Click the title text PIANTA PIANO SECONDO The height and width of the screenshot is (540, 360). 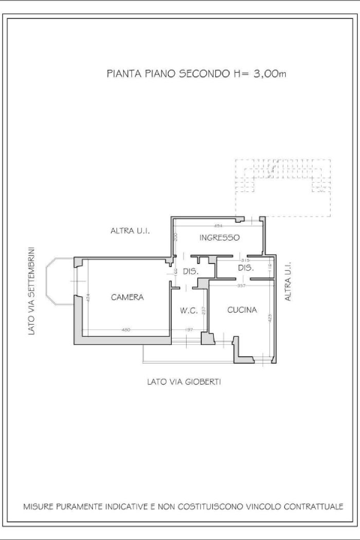162,74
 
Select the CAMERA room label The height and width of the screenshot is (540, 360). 127,298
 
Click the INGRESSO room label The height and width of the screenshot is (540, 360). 219,238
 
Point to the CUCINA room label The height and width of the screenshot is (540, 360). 242,310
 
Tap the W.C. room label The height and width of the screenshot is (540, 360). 188,310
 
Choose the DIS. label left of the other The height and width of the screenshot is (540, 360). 190,271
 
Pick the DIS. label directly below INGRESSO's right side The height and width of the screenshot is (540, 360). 245,268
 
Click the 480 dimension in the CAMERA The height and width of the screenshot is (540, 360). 126,330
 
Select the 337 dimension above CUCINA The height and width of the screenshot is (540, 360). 241,286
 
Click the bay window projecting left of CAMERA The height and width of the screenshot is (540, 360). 58,281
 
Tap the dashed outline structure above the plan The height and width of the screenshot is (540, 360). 283,187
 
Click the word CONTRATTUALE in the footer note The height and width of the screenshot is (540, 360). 309,507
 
